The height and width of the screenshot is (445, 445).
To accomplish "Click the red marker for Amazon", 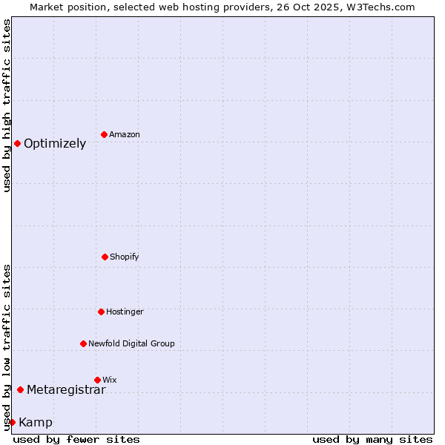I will [x=104, y=134].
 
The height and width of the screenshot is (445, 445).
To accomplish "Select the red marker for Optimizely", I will [x=17, y=143].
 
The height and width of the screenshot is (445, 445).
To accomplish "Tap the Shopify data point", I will [x=105, y=257].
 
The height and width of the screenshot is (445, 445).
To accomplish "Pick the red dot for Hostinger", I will [x=101, y=311].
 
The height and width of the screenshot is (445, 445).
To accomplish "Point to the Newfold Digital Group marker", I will [x=83, y=343].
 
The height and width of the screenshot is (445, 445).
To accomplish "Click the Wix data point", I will [x=97, y=380].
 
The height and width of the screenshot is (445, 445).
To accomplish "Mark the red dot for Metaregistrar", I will [x=20, y=389].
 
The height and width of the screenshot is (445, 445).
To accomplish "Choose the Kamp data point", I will [x=12, y=422].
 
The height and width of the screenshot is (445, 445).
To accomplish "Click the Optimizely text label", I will [x=55, y=144].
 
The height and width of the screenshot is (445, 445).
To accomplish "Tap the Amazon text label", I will [x=125, y=135].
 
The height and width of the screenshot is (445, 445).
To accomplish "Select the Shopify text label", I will [x=125, y=257].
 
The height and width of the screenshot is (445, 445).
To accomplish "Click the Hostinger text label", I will [x=125, y=312].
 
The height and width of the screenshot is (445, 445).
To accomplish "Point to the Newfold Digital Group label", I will [x=131, y=344].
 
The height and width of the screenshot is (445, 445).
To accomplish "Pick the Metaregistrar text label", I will [x=66, y=390].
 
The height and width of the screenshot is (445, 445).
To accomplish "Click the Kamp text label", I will [x=36, y=423].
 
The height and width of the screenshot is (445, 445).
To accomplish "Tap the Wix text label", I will [x=110, y=380].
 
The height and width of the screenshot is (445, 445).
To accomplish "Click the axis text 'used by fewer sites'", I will [x=76, y=439].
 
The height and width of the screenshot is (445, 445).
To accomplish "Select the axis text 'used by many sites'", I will [x=372, y=439].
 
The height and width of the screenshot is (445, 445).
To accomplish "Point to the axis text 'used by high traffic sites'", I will [x=7, y=105].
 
